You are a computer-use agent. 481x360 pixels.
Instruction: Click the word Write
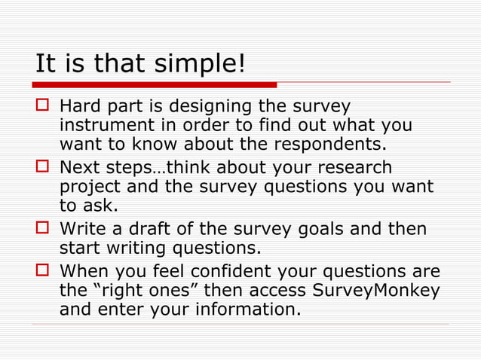pos(84,228)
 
